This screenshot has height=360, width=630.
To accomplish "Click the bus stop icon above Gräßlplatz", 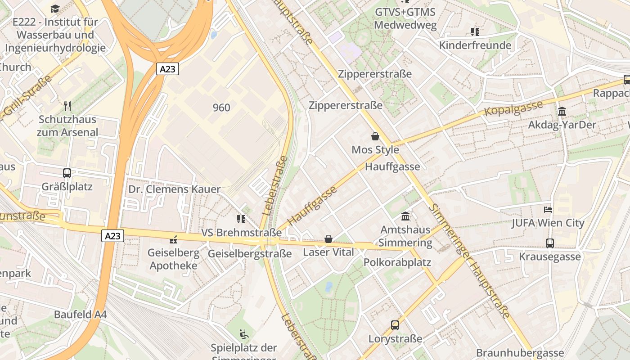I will [67, 173].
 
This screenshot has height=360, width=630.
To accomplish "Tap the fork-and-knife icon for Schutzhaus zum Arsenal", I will [67, 106].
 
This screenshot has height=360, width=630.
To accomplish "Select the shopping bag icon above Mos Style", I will [375, 136].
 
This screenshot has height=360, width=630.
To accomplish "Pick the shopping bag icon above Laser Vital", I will [328, 239].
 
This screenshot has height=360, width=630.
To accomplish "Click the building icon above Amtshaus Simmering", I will [405, 216].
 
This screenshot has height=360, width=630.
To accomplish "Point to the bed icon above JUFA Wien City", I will [548, 210].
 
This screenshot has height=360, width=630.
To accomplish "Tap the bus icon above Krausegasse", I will [549, 243].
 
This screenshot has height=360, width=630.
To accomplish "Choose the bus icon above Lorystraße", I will [395, 325].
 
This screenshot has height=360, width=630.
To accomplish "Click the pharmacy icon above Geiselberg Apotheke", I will [173, 239].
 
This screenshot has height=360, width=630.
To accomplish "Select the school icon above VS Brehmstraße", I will [241, 219].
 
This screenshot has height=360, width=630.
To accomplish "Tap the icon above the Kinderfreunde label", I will [475, 32].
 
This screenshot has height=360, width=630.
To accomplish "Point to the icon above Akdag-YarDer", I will [562, 111].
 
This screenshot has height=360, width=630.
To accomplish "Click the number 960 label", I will [221, 108].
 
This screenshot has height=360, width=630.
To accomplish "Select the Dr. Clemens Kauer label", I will [175, 189].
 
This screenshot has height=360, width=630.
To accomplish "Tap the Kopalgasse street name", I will [513, 108].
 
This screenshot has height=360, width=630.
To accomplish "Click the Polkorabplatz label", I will [397, 262].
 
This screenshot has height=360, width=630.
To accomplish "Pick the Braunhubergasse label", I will [520, 353].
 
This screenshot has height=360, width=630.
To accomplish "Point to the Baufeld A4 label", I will [80, 315].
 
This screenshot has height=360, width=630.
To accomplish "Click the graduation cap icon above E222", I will [55, 9].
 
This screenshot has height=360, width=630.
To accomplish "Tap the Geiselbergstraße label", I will [250, 254].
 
